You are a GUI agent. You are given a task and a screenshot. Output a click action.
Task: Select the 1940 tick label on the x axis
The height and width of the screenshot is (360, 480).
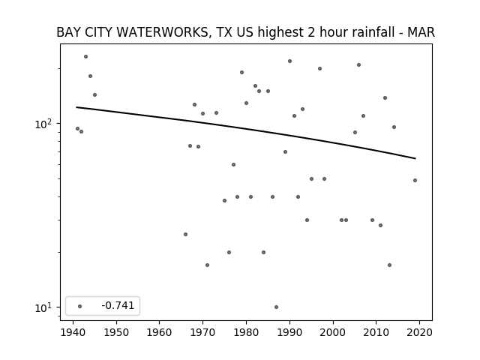73,332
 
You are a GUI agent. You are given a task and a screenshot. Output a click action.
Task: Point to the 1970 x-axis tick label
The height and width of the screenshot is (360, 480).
203,332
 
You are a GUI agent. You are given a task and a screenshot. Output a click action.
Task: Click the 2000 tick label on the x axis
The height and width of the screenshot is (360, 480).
333,332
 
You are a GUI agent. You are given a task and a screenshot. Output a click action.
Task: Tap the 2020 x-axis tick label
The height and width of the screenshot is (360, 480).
419,332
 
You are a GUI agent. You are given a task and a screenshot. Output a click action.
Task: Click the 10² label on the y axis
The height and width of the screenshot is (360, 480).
43,123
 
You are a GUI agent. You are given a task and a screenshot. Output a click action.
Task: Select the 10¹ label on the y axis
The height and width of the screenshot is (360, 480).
43,307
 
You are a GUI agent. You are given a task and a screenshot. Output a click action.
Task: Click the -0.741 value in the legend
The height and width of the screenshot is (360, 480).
118,305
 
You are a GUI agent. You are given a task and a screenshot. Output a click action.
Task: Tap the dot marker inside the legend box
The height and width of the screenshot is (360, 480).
80,306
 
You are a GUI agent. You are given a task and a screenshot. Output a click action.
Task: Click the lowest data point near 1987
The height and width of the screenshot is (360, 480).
277,307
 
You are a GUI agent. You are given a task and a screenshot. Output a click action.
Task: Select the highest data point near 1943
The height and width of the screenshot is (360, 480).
86,57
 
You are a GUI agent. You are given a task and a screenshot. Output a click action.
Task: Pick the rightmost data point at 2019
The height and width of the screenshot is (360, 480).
415,180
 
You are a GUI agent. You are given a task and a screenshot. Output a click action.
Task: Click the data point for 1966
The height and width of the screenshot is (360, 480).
185,235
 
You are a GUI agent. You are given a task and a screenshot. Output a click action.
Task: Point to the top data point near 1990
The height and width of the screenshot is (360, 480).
290,61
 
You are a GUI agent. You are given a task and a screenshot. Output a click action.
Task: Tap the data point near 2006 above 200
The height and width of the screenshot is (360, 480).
358,65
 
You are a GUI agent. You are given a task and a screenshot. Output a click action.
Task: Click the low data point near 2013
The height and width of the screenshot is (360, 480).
389,265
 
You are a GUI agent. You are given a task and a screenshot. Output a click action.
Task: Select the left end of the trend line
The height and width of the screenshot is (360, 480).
76,107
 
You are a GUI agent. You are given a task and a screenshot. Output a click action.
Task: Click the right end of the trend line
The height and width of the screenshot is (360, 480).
415,158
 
